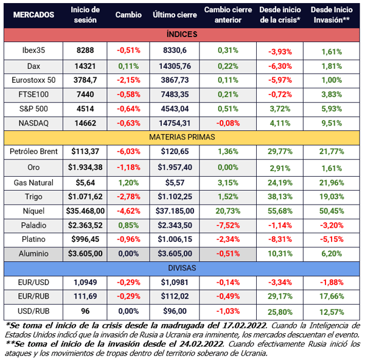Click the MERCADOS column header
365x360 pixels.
tap(33, 15)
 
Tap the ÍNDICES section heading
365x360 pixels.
tap(182, 36)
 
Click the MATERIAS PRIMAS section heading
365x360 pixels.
tap(182, 137)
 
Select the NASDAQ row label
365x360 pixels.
tap(33, 122)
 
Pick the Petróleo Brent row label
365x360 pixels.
tap(33, 151)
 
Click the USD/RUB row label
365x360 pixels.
tap(33, 310)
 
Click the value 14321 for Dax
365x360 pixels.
tap(85, 66)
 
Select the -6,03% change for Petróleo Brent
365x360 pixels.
tap(128, 151)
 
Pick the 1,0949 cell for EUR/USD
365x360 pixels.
tap(85, 283)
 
